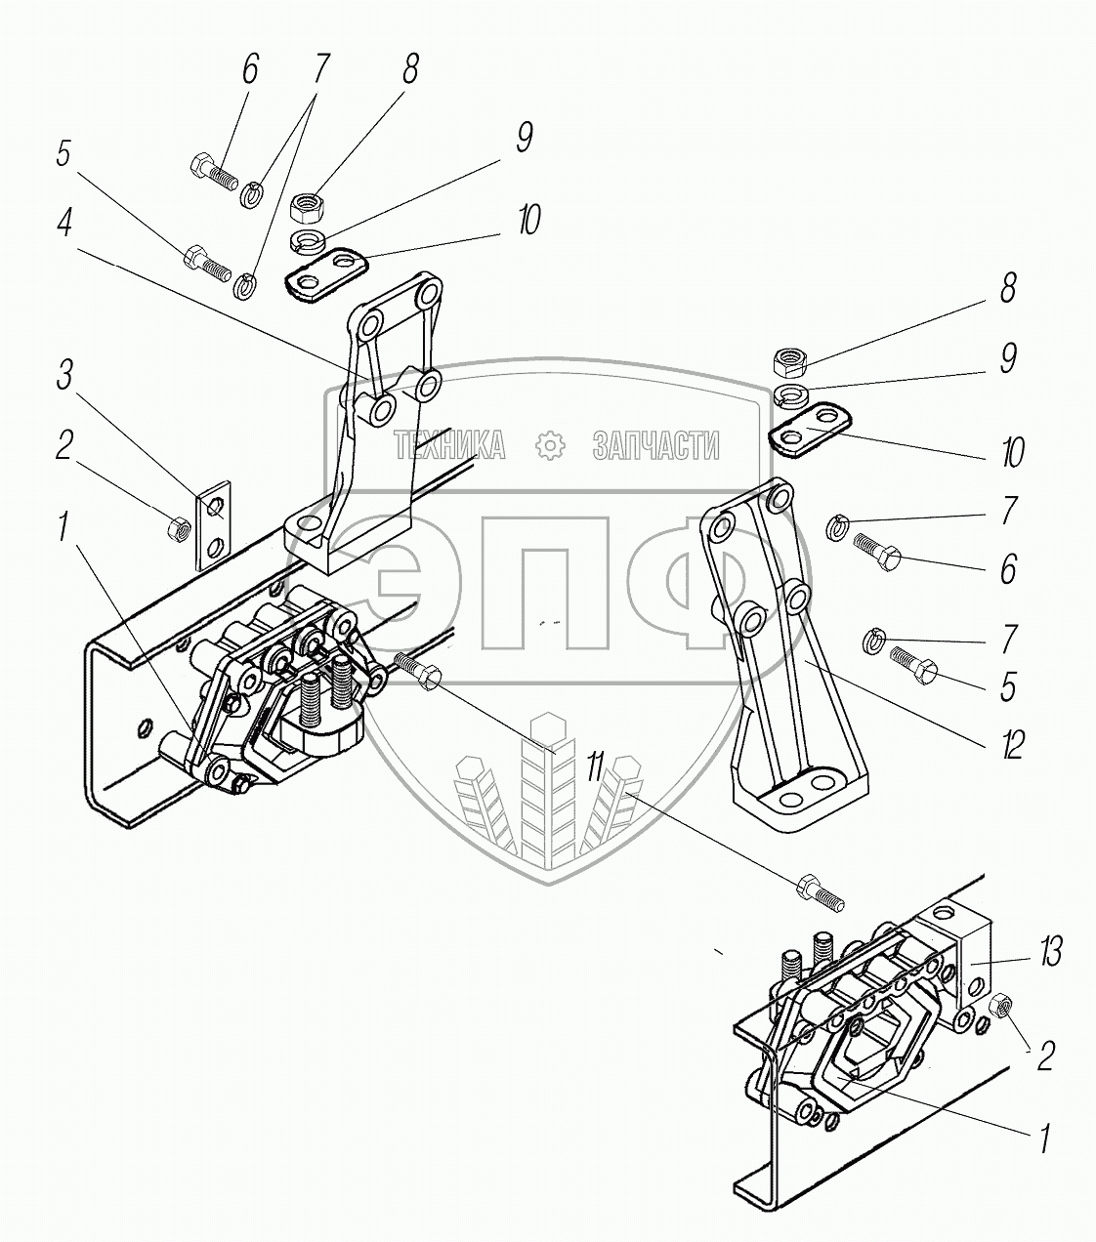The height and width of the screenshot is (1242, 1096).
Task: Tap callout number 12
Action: pos(1012,745)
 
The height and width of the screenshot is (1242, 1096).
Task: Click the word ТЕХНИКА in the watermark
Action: pos(450,446)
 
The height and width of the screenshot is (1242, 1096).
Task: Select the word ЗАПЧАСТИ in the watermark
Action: pos(655,446)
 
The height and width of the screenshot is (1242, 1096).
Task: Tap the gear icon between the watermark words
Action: pos(552,446)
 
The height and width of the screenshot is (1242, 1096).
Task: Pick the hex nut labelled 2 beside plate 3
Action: pos(178,529)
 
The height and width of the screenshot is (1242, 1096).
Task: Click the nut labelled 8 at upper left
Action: pos(308,206)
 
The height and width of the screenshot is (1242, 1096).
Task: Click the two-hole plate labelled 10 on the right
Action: pos(812,427)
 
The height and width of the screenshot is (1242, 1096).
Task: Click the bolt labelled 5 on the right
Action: pos(913,667)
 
